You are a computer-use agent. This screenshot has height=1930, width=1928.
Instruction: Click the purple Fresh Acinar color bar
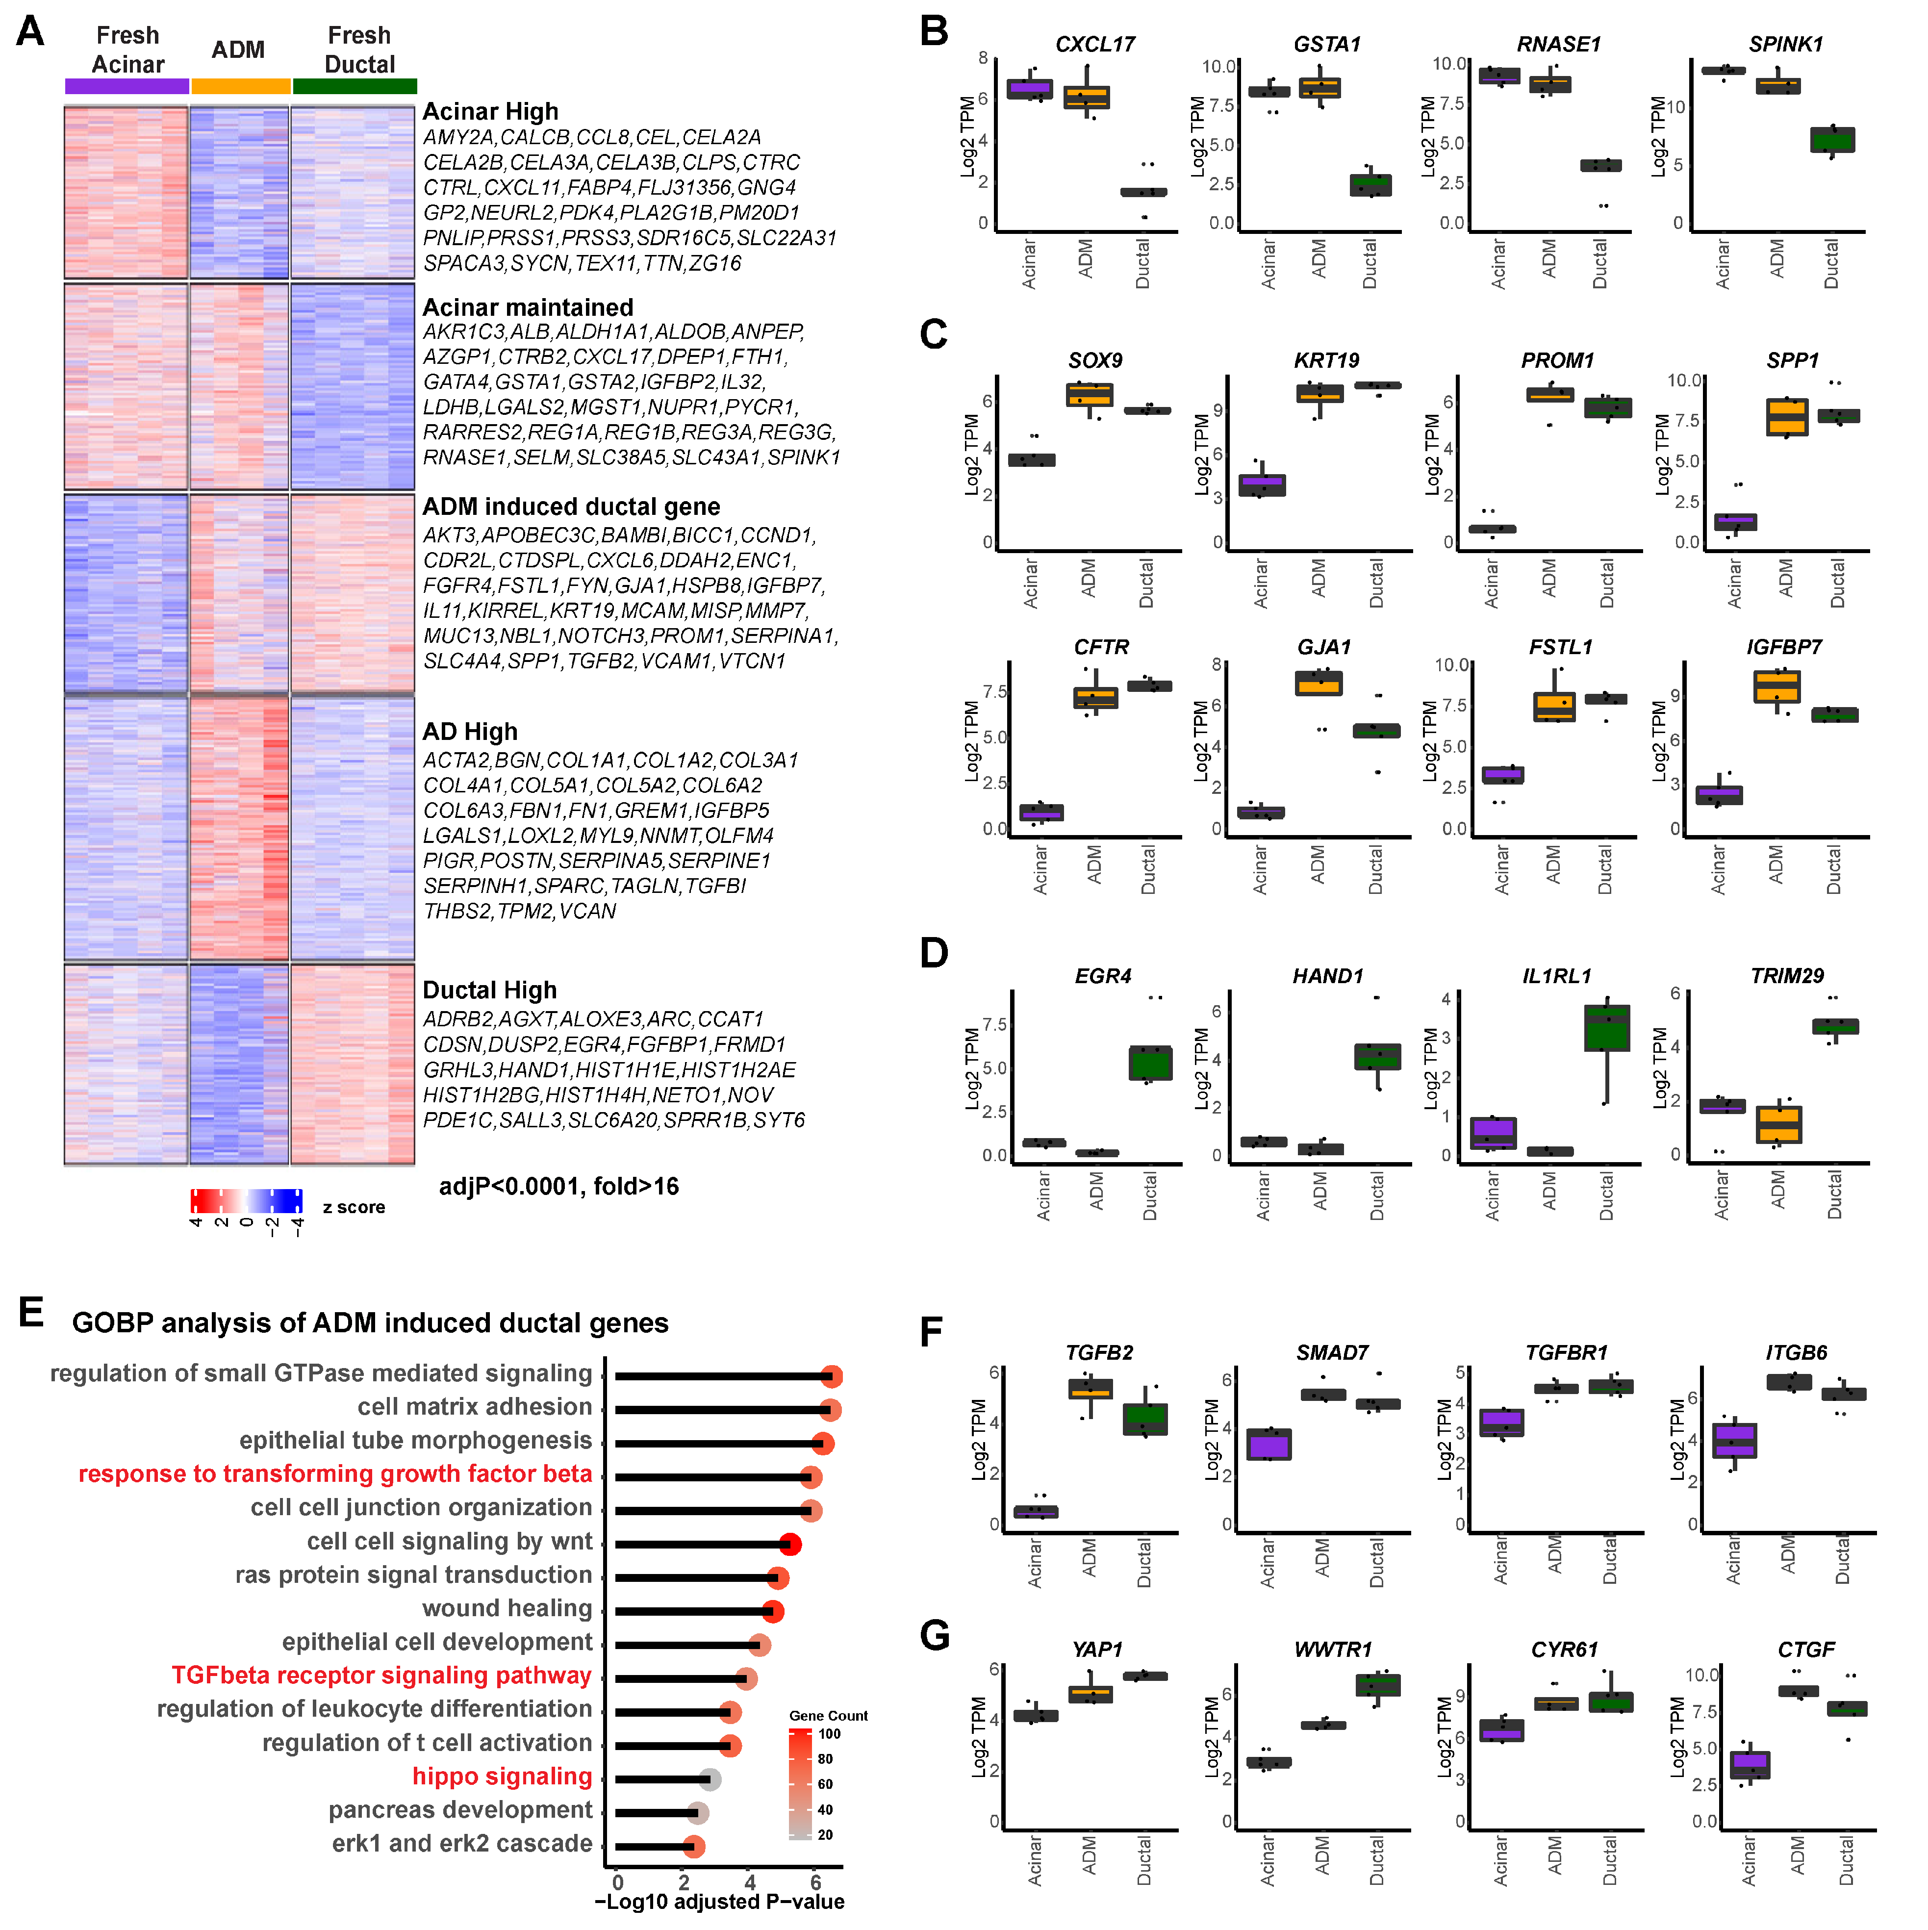(x=127, y=86)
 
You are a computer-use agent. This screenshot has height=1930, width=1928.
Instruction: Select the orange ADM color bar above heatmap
(x=240, y=86)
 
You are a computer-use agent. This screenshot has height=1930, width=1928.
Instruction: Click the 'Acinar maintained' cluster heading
(x=528, y=307)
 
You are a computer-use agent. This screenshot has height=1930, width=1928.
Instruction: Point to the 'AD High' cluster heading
(x=470, y=731)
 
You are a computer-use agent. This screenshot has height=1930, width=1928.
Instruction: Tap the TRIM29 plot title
(x=1786, y=976)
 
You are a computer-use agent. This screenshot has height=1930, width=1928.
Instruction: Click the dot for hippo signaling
(x=709, y=1779)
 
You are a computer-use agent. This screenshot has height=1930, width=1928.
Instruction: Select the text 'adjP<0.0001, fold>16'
(x=558, y=1187)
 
